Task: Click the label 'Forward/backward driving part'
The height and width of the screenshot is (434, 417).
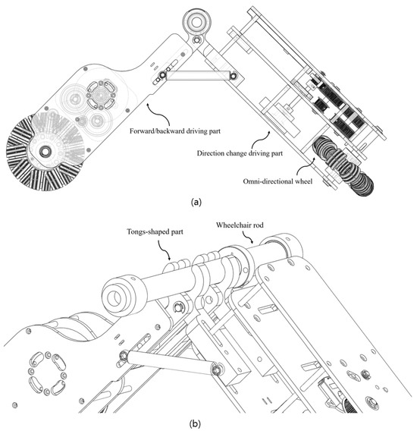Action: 175,131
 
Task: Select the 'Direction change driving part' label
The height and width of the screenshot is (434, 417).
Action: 240,153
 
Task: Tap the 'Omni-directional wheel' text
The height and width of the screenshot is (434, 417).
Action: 277,181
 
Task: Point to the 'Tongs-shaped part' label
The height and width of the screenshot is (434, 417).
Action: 155,231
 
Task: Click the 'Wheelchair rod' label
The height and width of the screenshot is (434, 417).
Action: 240,225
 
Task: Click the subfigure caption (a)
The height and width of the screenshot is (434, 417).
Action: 196,202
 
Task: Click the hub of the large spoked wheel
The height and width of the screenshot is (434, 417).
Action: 45,151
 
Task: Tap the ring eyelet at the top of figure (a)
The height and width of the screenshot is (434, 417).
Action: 196,22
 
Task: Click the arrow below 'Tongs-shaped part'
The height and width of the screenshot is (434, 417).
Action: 164,250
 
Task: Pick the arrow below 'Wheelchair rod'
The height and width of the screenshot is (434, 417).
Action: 248,237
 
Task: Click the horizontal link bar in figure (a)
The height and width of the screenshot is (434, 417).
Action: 198,76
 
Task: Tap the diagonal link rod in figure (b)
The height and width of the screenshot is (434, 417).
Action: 170,362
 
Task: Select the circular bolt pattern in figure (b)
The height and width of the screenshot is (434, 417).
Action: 47,373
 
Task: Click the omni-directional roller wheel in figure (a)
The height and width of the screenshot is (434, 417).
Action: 343,165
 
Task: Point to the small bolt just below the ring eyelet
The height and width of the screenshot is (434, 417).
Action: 196,40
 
